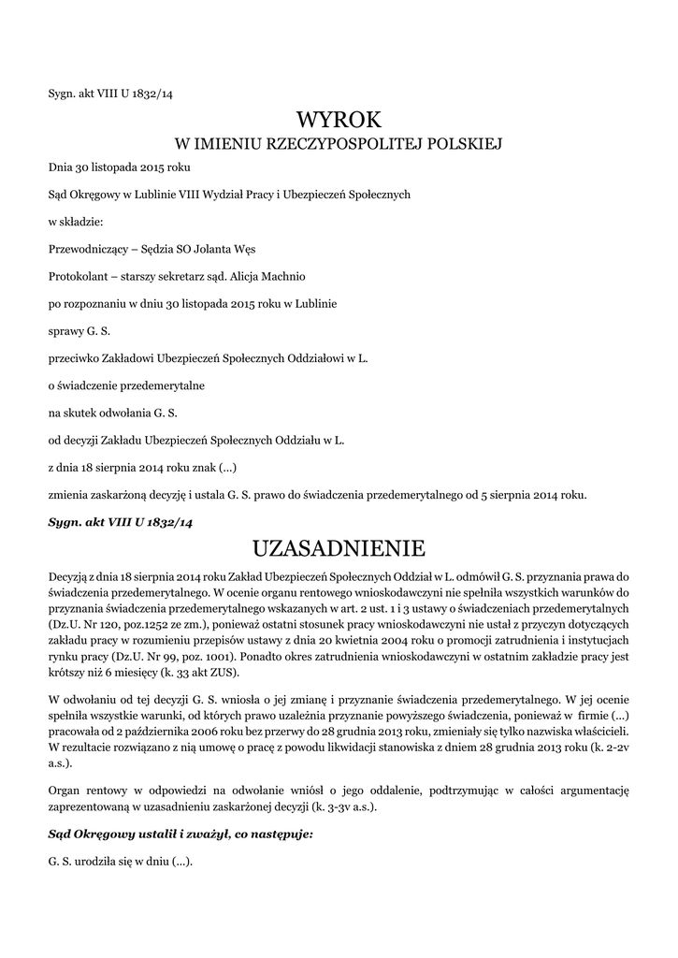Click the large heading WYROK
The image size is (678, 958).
pyautogui.click(x=339, y=119)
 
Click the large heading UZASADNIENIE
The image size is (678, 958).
pyautogui.click(x=339, y=545)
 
